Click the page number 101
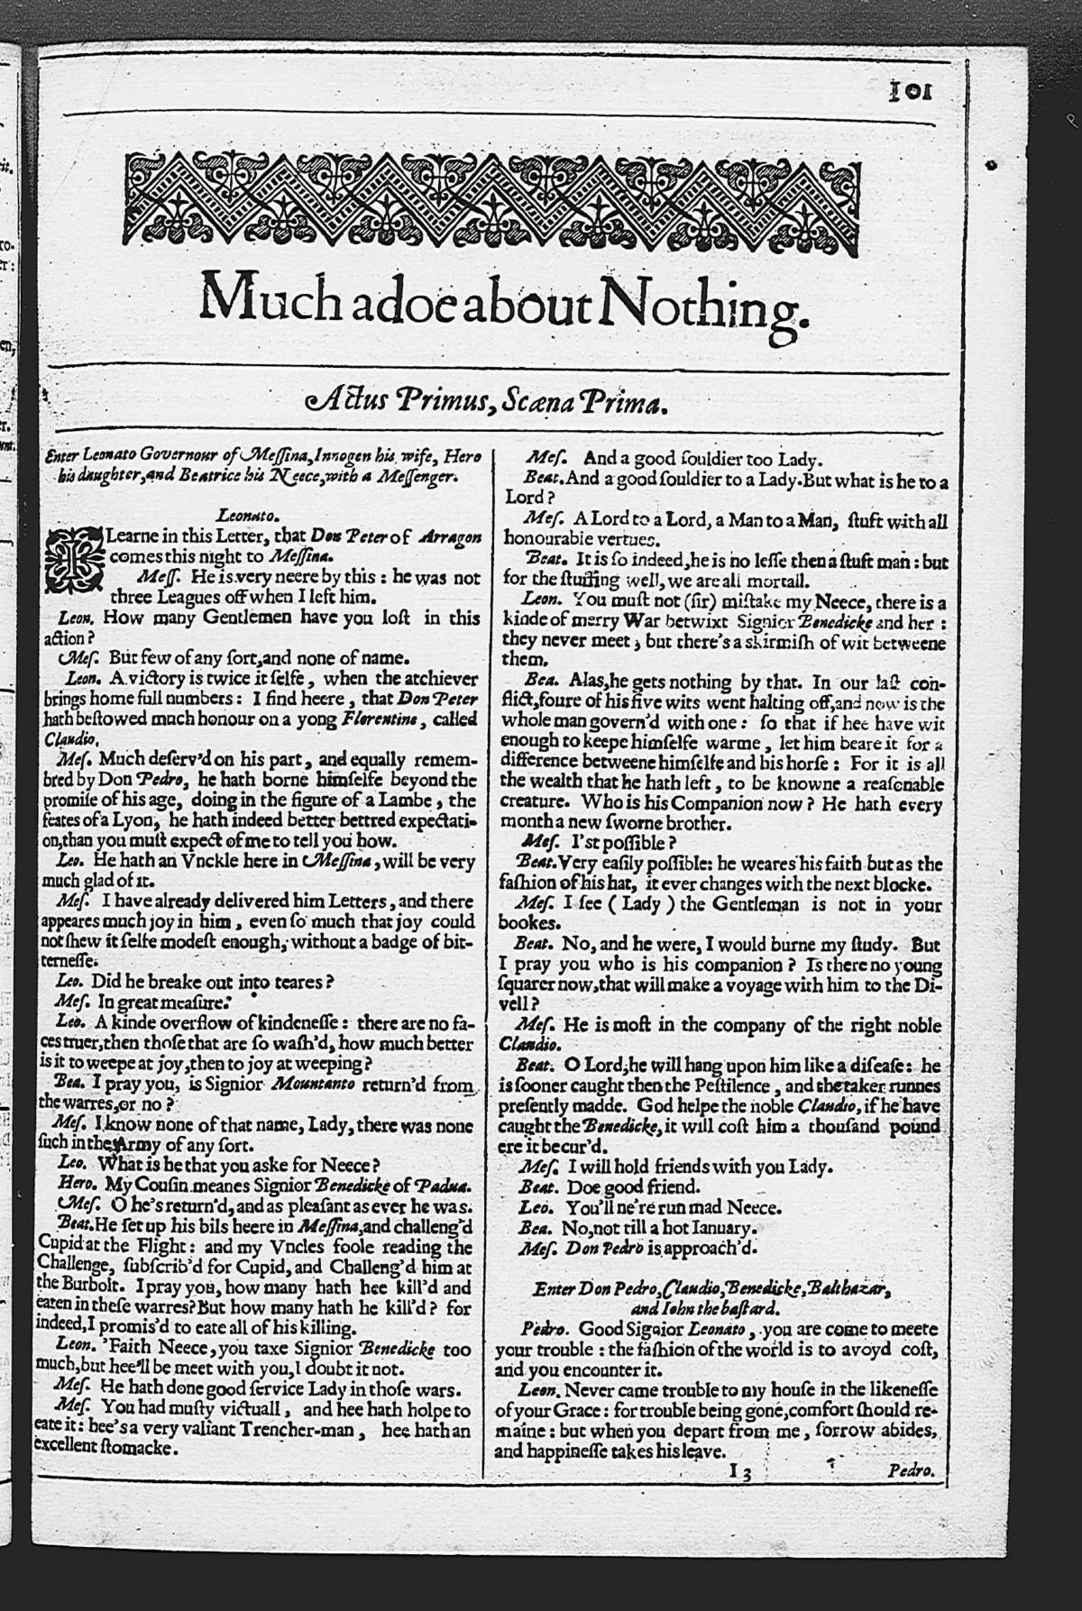click(x=911, y=93)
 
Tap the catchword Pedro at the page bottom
click(x=910, y=1471)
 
